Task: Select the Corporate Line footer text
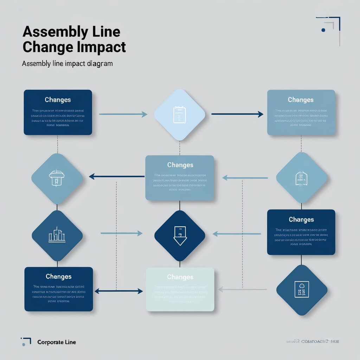point(56,342)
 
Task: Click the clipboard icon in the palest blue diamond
point(179,115)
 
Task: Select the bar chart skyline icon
point(57,236)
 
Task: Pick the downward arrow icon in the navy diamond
point(180,236)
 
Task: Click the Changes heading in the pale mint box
point(180,277)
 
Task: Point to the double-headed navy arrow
point(119,291)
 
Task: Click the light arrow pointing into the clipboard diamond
point(123,114)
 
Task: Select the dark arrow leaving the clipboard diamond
point(237,114)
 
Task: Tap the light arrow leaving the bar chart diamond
point(121,233)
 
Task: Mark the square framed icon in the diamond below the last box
point(302,290)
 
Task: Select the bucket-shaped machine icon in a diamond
point(57,178)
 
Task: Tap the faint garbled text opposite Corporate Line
point(315,341)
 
